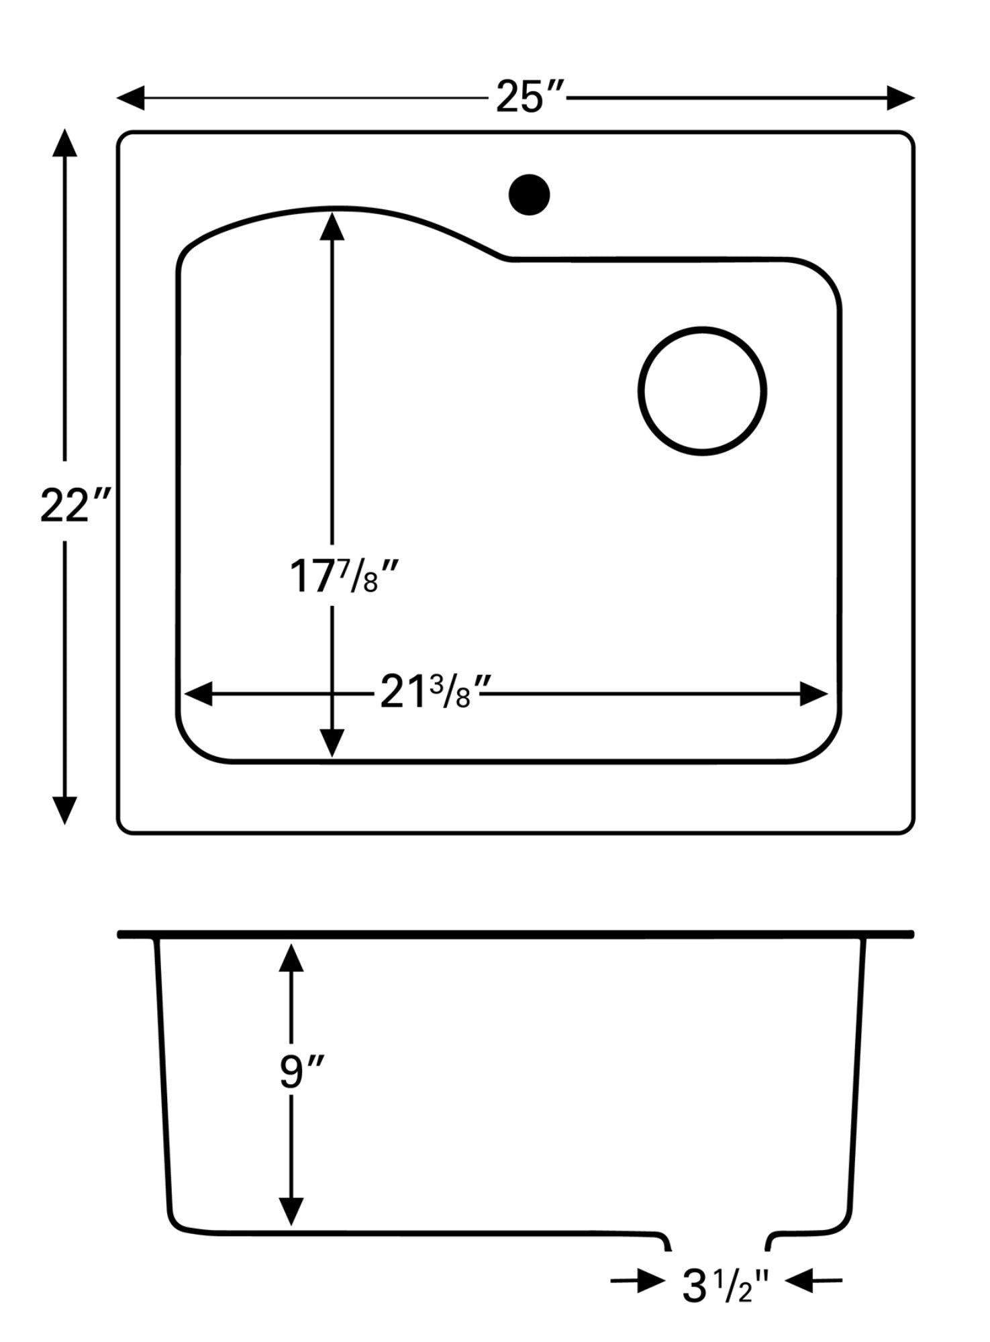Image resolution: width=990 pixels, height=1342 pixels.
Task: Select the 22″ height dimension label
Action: tap(73, 506)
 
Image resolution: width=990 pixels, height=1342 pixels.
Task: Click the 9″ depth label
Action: tap(301, 1072)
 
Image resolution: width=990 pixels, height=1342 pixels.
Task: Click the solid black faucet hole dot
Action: tap(529, 195)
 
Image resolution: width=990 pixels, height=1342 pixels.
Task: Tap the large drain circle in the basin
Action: tap(702, 391)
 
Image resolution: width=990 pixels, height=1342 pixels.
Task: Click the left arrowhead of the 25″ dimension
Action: tap(130, 98)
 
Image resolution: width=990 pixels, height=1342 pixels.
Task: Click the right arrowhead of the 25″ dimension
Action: tap(901, 98)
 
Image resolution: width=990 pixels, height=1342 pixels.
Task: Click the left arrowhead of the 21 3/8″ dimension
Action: tap(199, 694)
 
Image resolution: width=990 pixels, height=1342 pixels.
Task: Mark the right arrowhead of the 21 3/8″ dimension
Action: tap(813, 694)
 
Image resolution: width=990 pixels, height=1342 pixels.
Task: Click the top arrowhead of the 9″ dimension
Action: tap(291, 958)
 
